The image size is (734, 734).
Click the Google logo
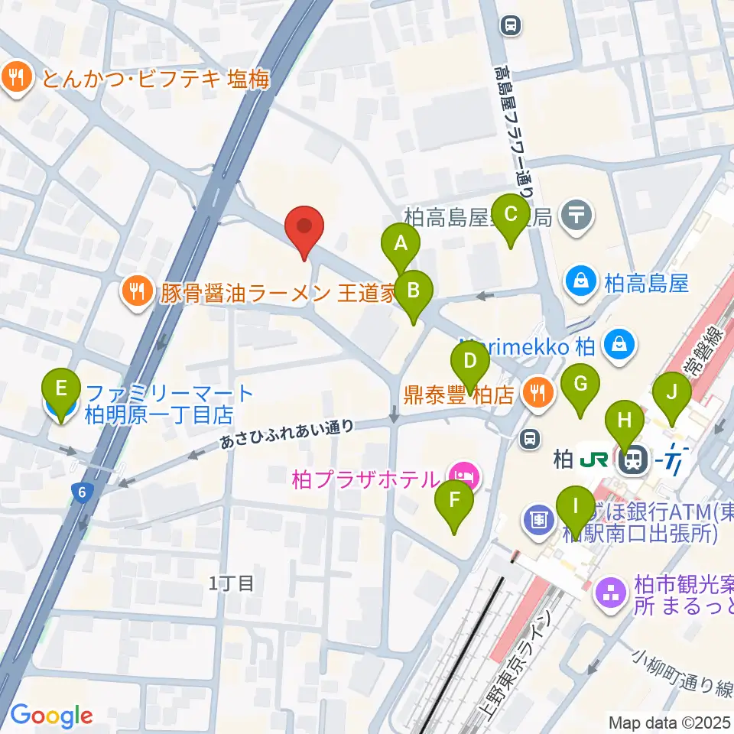point(51,716)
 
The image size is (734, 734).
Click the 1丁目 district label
point(231,584)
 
